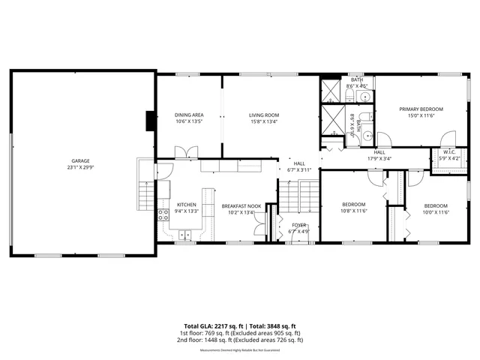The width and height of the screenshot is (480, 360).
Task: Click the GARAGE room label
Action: pos(80,161)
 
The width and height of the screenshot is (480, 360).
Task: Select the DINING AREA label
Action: pos(189,115)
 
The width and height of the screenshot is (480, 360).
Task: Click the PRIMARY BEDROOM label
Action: pos(420,109)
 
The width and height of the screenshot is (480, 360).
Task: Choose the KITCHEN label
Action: pos(186,205)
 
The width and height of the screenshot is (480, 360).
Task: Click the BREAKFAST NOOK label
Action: pos(240,205)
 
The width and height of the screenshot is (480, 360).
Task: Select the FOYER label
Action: pos(299,225)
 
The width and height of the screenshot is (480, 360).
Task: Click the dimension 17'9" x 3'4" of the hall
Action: pos(379,158)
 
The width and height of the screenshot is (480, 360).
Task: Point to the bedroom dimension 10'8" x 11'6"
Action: pos(353,211)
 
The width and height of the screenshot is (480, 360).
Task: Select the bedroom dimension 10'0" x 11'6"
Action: pos(435,212)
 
